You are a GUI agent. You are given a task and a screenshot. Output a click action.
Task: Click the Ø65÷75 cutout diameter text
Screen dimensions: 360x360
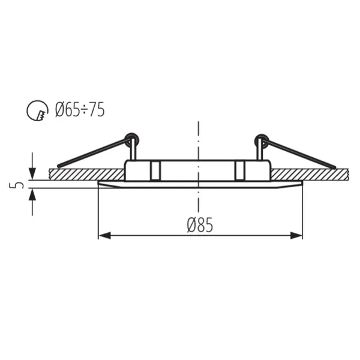click(79, 110)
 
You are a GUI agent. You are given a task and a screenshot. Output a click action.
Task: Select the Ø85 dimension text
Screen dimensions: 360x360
click(200, 225)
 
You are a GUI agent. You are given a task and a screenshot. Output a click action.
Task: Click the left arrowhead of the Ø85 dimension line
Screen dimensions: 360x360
click(104, 235)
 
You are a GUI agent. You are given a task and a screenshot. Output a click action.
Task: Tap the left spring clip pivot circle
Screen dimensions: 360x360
click(133, 140)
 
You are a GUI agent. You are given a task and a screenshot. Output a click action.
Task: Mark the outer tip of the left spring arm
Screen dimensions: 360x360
click(59, 165)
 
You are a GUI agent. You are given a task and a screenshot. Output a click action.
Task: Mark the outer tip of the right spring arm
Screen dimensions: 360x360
click(334, 166)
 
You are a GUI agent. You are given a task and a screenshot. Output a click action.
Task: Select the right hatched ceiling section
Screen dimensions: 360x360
click(309, 174)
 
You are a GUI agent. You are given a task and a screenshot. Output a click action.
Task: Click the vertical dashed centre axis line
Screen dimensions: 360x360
click(198, 144)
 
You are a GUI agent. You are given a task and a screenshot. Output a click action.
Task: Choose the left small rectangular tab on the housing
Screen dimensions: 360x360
click(155, 170)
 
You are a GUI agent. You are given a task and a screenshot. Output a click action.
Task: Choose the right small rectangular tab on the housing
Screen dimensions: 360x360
click(240, 170)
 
